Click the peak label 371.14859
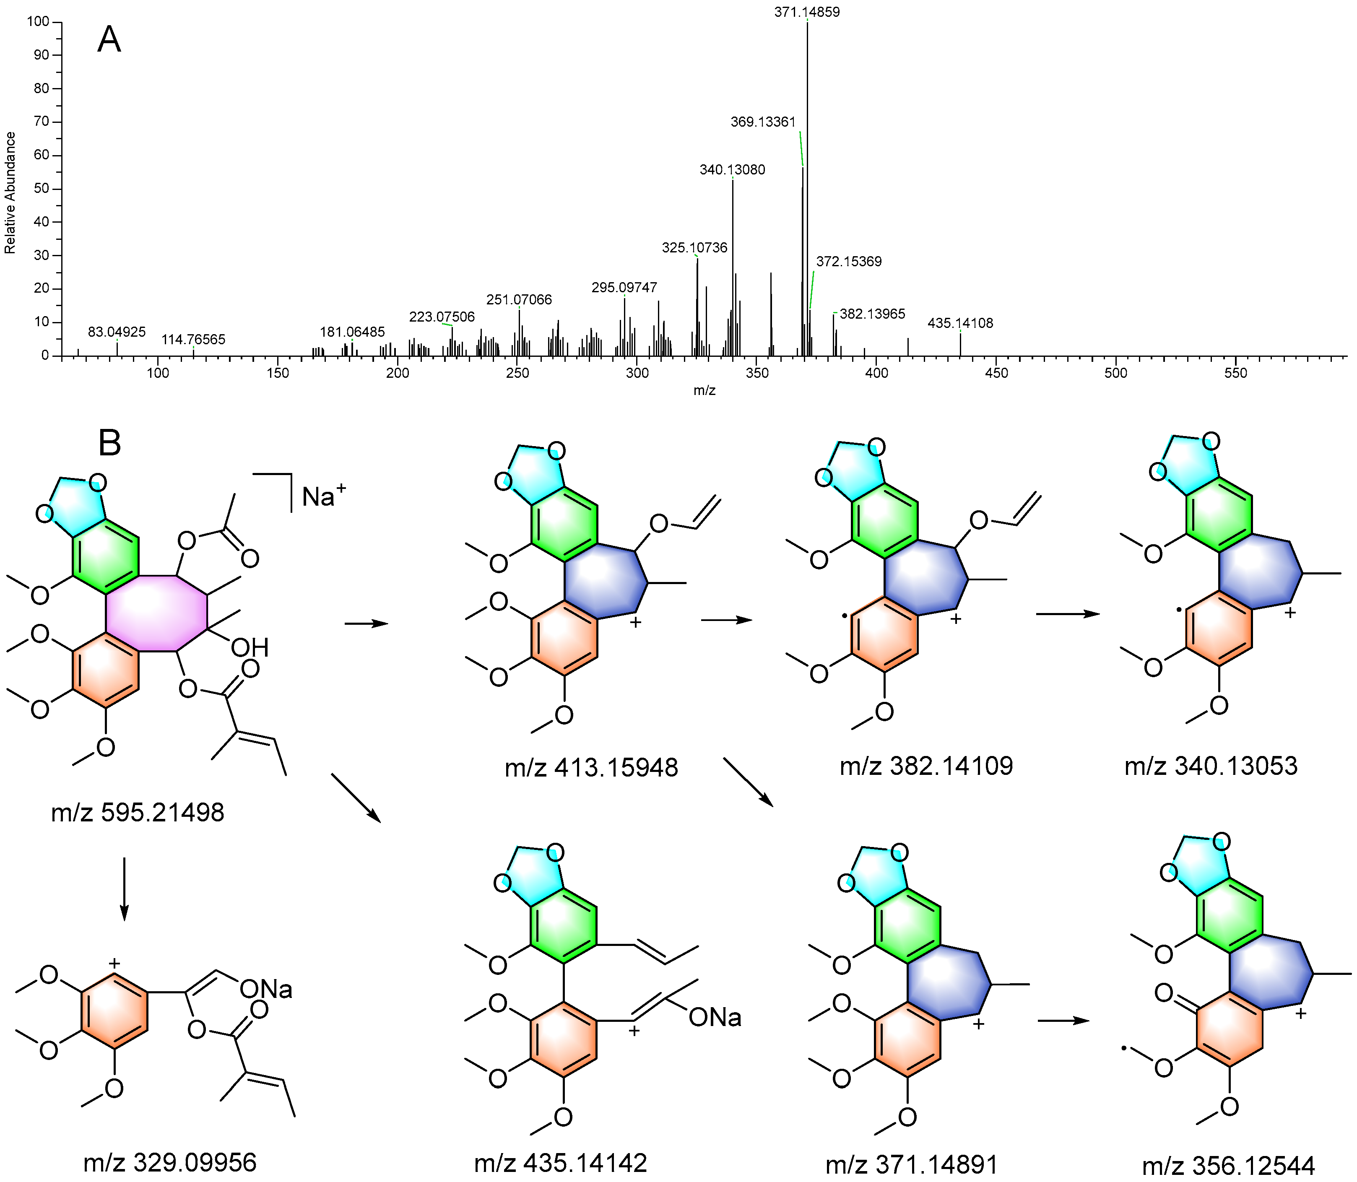point(807,12)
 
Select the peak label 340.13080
point(732,169)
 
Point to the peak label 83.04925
point(117,332)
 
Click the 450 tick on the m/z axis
point(996,373)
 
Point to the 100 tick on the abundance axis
point(38,22)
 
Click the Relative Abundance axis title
point(10,192)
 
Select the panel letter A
point(109,41)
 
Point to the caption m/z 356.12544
point(1228,1166)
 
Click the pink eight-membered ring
point(157,613)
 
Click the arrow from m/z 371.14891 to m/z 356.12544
point(1062,1021)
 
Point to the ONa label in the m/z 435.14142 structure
point(715,1018)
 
